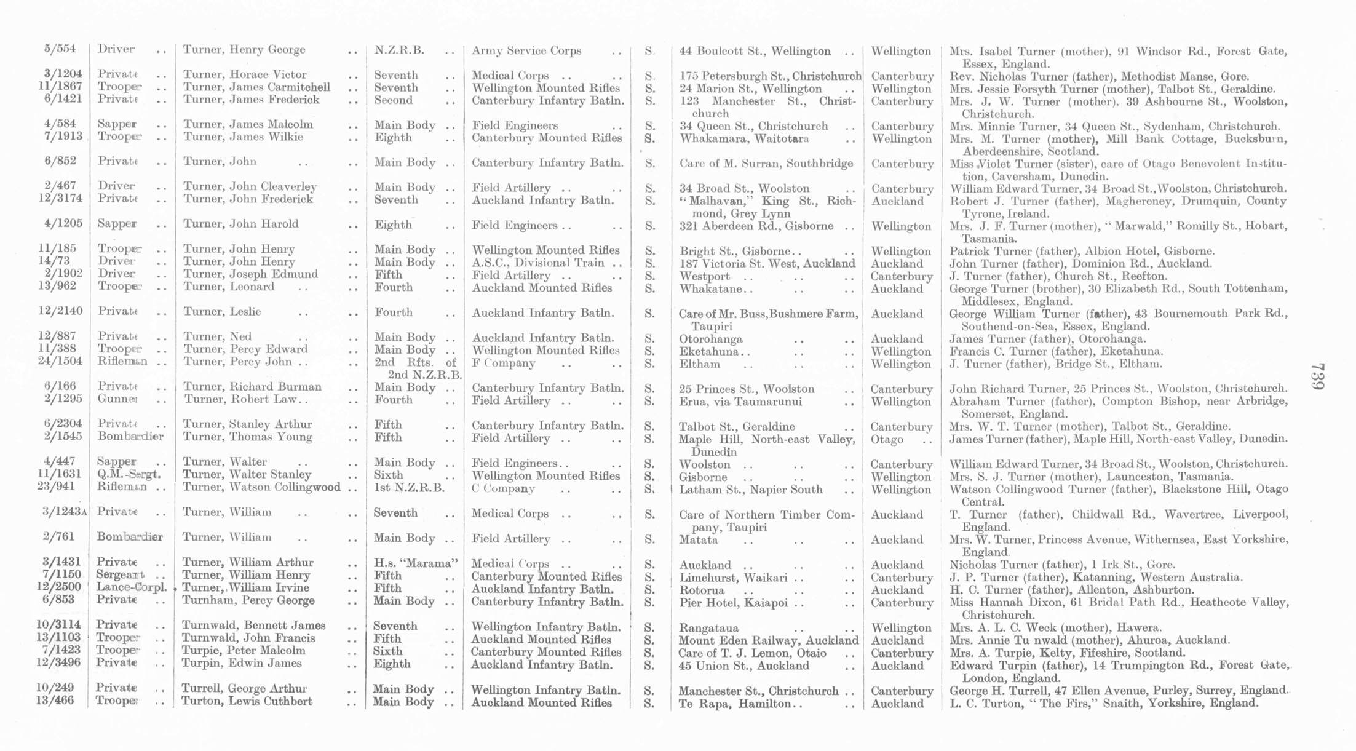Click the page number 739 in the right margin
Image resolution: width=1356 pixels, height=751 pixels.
click(1317, 376)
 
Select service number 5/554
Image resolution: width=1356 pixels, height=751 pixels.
click(60, 49)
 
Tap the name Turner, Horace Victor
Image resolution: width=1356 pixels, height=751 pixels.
click(244, 74)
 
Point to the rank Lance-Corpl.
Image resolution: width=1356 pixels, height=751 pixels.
click(131, 587)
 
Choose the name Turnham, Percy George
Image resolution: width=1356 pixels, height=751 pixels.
click(248, 600)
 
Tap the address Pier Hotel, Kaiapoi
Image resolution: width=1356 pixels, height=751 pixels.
click(733, 602)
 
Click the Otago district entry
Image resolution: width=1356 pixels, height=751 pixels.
click(887, 439)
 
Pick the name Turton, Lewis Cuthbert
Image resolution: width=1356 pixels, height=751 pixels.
click(247, 701)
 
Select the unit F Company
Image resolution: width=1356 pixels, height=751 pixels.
click(503, 363)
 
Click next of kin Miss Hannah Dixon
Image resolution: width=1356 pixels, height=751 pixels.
click(995, 602)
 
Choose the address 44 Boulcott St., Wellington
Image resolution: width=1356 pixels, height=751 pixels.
click(755, 51)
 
